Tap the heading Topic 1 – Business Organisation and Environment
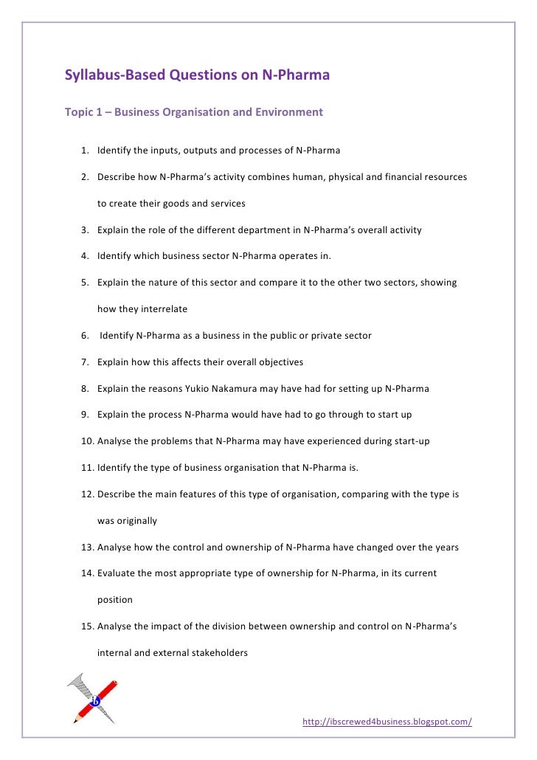click(x=194, y=114)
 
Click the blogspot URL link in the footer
click(x=387, y=722)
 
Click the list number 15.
click(x=88, y=626)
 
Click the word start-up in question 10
click(x=409, y=441)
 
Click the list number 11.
click(x=88, y=467)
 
